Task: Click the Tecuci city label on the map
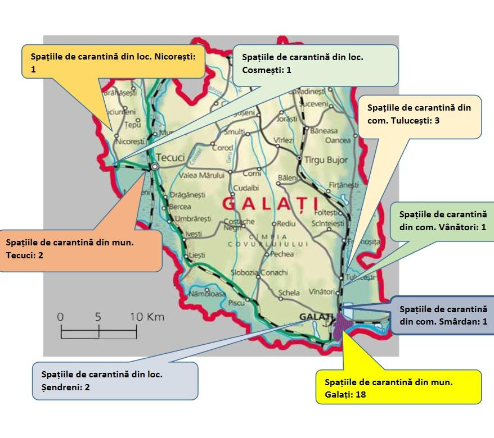(170, 158)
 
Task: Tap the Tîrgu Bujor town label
(326, 160)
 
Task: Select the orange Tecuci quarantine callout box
(80, 248)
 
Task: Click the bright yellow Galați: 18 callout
(398, 387)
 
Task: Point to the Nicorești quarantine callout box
(115, 61)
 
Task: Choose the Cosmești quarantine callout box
(315, 64)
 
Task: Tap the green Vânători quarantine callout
(442, 221)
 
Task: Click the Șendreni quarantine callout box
(115, 380)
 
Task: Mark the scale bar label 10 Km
(147, 317)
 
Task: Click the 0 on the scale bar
(60, 317)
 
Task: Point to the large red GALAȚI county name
(270, 203)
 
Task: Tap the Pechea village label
(282, 254)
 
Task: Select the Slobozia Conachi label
(259, 273)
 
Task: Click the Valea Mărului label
(201, 176)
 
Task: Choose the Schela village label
(289, 293)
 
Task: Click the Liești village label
(197, 255)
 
